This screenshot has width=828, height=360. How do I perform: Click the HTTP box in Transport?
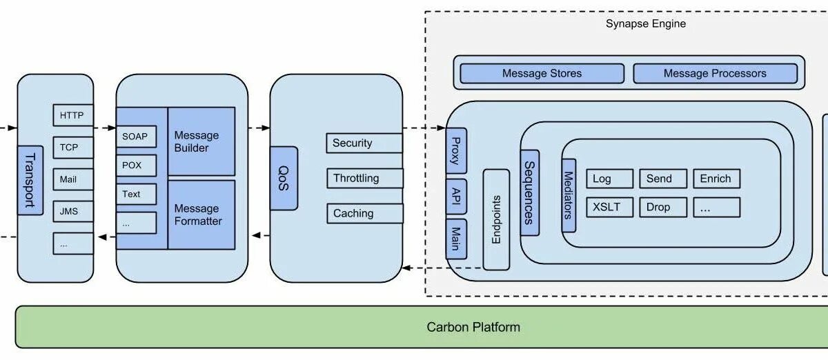[x=72, y=115]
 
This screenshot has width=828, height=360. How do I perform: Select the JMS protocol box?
[x=72, y=211]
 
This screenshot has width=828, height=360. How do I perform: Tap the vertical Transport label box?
[x=30, y=180]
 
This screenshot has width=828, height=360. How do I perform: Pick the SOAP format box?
[x=136, y=137]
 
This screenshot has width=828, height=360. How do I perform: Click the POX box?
[x=136, y=166]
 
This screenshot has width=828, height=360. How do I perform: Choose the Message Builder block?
[x=201, y=141]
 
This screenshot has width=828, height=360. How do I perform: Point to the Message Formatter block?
[x=201, y=214]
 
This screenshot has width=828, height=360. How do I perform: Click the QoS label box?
[x=284, y=178]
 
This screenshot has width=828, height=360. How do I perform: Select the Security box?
[x=364, y=143]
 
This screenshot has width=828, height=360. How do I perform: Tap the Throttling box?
[x=364, y=179]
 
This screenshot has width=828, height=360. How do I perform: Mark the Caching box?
[x=364, y=214]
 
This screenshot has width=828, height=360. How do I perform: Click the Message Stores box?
[x=542, y=73]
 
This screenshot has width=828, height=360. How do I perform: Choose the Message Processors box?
[x=715, y=73]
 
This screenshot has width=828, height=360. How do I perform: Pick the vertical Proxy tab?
[x=456, y=150]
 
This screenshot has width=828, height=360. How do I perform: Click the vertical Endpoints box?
[x=496, y=219]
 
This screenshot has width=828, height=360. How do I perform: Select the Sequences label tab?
[x=529, y=192]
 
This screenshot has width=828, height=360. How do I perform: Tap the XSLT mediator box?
[x=609, y=207]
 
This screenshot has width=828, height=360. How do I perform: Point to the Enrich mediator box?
[x=716, y=179]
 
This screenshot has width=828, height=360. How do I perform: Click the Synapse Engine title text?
[x=645, y=24]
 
